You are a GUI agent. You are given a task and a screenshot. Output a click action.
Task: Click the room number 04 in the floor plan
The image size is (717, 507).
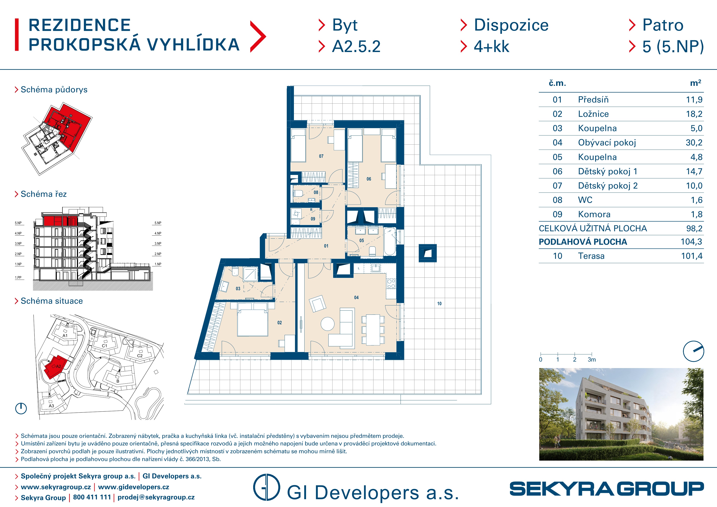pos(356,298)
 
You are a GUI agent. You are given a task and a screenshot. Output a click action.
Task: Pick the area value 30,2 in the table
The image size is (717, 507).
pos(694,143)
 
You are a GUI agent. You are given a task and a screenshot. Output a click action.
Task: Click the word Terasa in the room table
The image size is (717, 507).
pos(591,256)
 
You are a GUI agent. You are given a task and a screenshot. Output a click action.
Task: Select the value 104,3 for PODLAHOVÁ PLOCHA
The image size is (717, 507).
pos(691,242)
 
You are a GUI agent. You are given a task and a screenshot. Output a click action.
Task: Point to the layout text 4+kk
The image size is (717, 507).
pos(492,47)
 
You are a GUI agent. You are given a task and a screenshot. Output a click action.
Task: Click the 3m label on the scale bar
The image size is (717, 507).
pos(592,360)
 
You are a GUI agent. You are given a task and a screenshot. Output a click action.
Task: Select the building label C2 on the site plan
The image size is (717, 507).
pos(140,356)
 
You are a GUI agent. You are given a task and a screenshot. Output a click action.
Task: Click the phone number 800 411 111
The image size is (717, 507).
pos(92,497)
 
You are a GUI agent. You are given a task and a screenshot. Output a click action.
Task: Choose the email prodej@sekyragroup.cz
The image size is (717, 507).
pos(156,497)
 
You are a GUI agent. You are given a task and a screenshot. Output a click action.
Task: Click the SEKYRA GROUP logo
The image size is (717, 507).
pos(607,489)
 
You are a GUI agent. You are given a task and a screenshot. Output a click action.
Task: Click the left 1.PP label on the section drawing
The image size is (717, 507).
pos(18,277)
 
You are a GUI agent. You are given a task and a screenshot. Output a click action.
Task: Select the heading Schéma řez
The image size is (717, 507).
pos(44,194)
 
